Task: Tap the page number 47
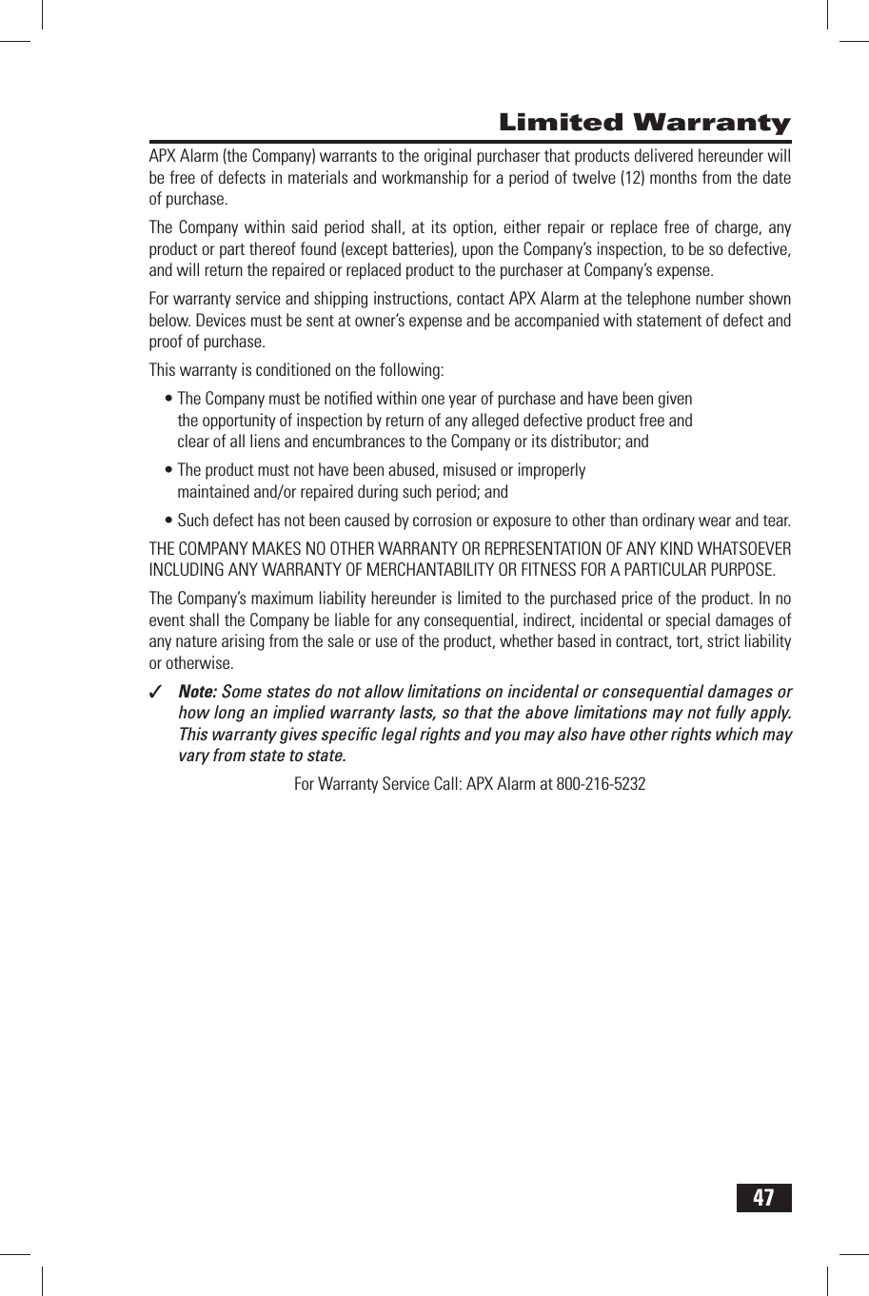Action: pyautogui.click(x=764, y=1197)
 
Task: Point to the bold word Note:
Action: pyautogui.click(x=197, y=692)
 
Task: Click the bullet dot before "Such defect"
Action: pyautogui.click(x=169, y=521)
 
